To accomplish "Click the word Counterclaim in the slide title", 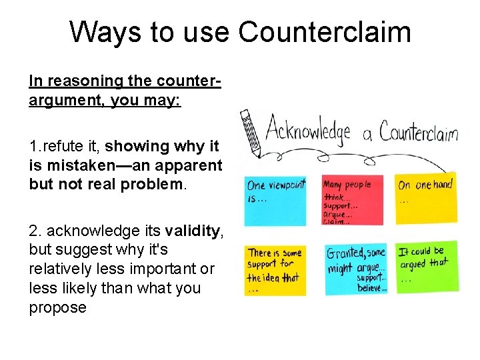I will [x=325, y=32].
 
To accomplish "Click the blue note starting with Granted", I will [x=356, y=269].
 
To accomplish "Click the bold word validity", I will [x=193, y=231].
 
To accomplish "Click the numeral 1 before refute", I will [x=33, y=145].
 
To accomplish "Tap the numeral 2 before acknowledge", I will [x=34, y=231].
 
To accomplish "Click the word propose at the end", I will [x=58, y=307].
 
